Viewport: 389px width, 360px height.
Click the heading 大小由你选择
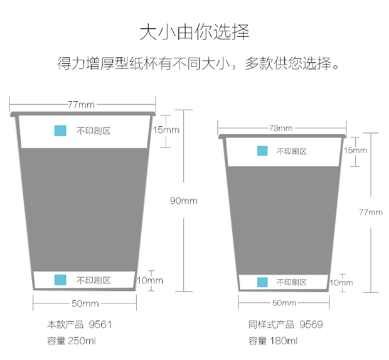(x=194, y=32)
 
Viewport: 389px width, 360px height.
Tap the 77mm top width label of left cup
(x=82, y=105)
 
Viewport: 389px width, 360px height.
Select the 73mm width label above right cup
(x=281, y=128)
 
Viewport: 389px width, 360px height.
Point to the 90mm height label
(x=184, y=201)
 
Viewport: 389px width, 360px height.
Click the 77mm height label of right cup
(x=371, y=212)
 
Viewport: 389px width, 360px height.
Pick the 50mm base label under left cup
(x=85, y=304)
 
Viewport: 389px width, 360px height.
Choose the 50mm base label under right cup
(x=284, y=303)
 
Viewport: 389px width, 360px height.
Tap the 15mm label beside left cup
(x=166, y=130)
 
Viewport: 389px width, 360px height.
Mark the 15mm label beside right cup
(x=355, y=150)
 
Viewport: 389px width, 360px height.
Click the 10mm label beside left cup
(x=150, y=280)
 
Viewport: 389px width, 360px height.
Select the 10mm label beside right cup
(x=341, y=283)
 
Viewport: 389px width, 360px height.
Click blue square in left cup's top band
(x=60, y=130)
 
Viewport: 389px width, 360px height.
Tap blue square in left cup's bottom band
(x=60, y=280)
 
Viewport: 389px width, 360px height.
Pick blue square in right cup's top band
(x=262, y=151)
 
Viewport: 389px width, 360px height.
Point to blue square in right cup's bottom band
(x=262, y=282)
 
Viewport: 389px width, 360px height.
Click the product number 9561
(x=100, y=324)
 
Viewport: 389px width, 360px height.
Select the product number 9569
(x=311, y=324)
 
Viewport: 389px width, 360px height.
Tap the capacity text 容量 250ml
(x=71, y=341)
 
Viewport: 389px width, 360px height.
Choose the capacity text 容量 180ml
(x=273, y=341)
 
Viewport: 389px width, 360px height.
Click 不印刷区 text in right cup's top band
(x=292, y=151)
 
